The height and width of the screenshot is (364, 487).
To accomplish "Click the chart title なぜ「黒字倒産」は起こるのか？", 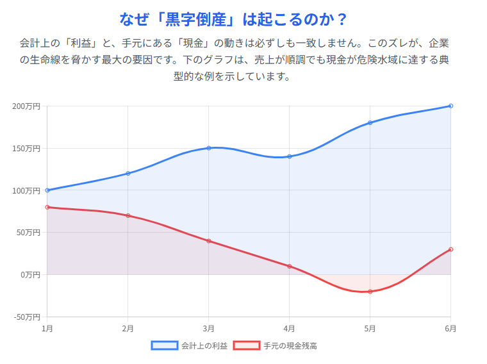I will pyautogui.click(x=233, y=19).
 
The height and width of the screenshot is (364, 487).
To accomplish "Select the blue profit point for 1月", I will pyautogui.click(x=47, y=190).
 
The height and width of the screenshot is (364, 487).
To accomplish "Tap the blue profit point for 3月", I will pyautogui.click(x=209, y=148).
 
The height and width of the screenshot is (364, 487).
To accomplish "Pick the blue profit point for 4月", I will pyautogui.click(x=290, y=156).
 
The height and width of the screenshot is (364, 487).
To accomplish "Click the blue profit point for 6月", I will pyautogui.click(x=451, y=106).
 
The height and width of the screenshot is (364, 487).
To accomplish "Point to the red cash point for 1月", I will pyautogui.click(x=47, y=207).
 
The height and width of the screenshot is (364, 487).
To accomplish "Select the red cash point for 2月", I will pyautogui.click(x=128, y=215).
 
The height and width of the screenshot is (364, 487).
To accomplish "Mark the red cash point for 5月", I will pyautogui.click(x=370, y=292).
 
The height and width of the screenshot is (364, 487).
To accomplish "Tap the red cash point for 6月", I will pyautogui.click(x=451, y=249).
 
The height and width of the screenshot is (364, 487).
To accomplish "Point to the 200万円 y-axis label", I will pyautogui.click(x=26, y=106).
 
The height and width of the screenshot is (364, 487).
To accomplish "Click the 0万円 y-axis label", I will pyautogui.click(x=30, y=275).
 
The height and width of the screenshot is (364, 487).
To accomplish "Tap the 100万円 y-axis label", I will pyautogui.click(x=26, y=190).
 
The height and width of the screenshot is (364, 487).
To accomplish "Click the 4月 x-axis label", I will pyautogui.click(x=290, y=329).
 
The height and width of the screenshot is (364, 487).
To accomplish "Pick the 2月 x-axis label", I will pyautogui.click(x=128, y=329).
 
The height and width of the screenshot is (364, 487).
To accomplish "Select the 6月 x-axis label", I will pyautogui.click(x=450, y=329).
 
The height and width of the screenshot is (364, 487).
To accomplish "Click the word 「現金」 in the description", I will pyautogui.click(x=190, y=44).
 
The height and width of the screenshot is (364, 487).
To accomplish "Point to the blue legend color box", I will pyautogui.click(x=164, y=345).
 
